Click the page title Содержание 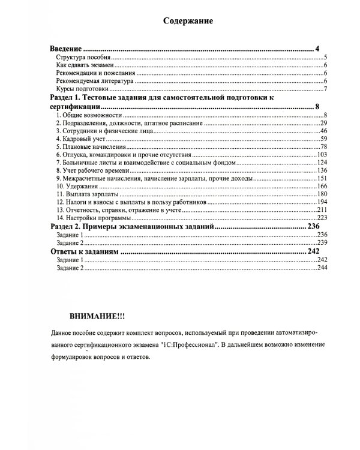tap(188, 21)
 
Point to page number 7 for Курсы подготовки tap(324, 90)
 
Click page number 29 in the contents tap(322, 122)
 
